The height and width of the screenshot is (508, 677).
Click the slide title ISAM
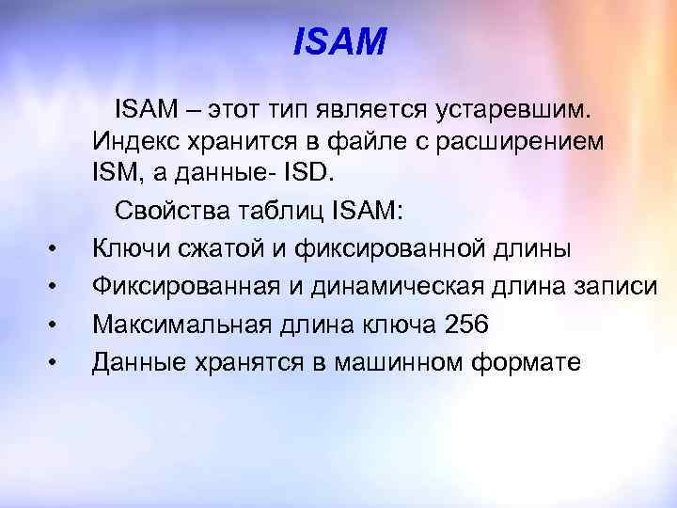point(339,41)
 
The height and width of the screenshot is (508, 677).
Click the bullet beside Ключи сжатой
point(53,250)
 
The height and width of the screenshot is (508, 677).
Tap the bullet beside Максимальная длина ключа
point(53,325)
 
